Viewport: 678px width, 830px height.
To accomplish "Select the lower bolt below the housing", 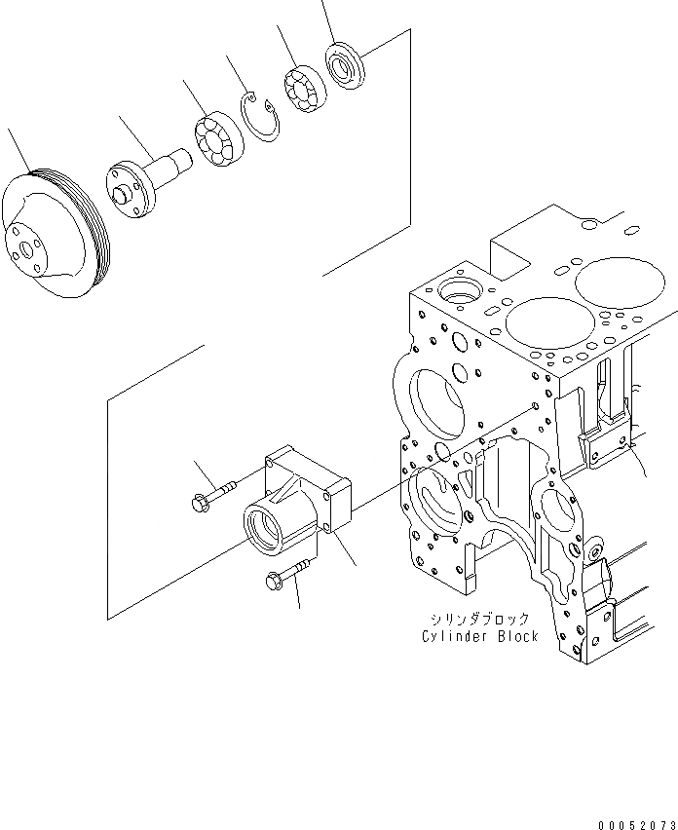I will coord(286,573).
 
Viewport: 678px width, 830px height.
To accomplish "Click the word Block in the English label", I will coord(515,636).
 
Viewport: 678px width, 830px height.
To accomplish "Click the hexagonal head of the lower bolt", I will coord(273,581).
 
